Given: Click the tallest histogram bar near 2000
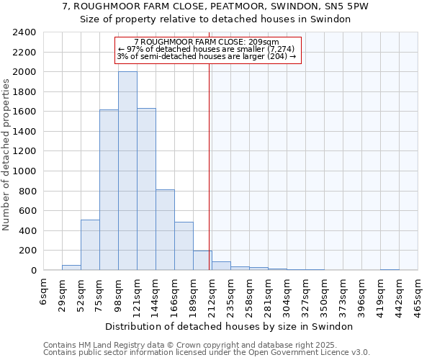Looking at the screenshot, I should (x=127, y=171).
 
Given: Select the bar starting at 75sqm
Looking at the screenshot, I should (x=109, y=190).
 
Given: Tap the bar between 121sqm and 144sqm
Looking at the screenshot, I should (x=146, y=189).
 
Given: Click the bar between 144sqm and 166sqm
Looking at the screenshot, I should (x=165, y=230).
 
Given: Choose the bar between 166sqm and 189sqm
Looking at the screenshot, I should (x=184, y=246).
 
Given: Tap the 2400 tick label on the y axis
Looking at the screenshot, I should (x=24, y=33).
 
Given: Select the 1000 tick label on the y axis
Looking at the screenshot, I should (x=24, y=171).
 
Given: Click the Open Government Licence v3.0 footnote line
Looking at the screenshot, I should (x=207, y=353).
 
